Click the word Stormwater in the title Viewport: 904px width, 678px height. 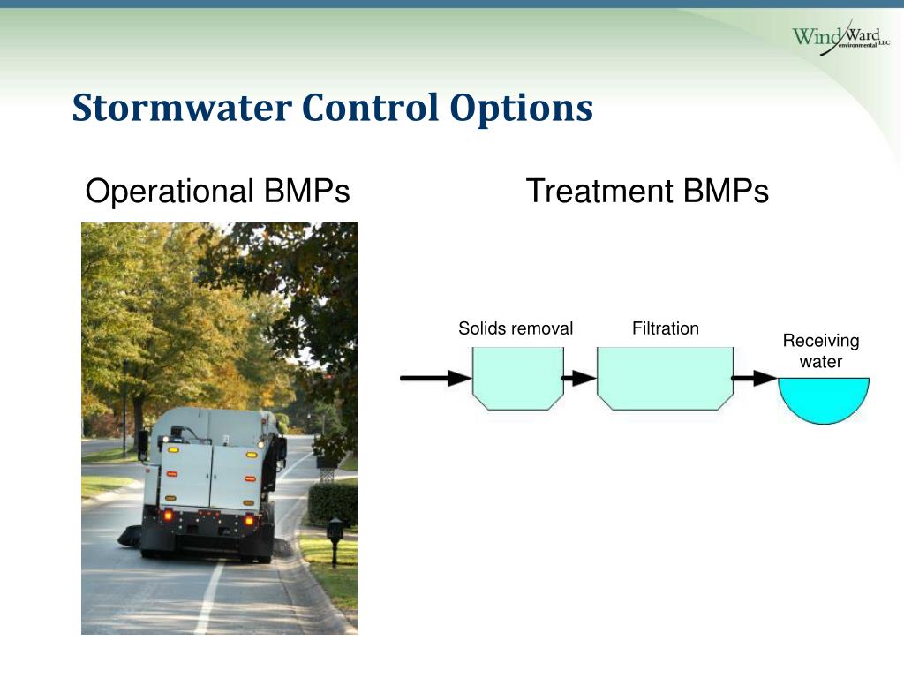point(182,108)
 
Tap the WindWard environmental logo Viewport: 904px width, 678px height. point(840,37)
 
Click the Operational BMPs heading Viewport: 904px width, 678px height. point(217,191)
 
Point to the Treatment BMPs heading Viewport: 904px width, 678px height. point(647,191)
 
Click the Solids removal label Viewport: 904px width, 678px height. point(516,328)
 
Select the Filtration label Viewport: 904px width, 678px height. point(666,328)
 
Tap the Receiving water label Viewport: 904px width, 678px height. point(821,351)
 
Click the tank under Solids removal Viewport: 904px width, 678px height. point(517,378)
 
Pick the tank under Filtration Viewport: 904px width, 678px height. point(666,378)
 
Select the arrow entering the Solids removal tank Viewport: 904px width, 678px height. point(436,378)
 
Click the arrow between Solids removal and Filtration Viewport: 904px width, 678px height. point(579,378)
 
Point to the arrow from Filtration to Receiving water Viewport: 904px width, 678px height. point(754,378)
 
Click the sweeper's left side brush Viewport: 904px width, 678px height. point(130,537)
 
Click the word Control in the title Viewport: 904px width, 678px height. point(370,108)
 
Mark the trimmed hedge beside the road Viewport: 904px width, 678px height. point(333,504)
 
